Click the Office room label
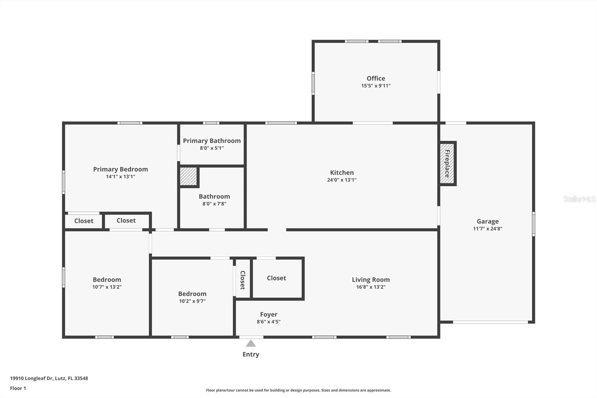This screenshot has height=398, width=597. (376, 78)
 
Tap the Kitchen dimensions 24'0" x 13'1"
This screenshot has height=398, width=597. (342, 180)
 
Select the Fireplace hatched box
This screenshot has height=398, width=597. (447, 164)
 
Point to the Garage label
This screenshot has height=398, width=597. (487, 221)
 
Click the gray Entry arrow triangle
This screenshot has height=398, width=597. (250, 343)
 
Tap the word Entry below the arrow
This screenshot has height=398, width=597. (250, 354)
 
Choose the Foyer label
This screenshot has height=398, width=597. (269, 314)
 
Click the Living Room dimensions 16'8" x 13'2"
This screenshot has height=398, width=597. (371, 287)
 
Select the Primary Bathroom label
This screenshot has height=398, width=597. (212, 141)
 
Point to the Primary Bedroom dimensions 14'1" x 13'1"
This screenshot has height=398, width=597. (121, 177)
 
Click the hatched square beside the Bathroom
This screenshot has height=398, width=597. (188, 176)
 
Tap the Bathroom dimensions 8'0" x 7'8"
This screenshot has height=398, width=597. (214, 204)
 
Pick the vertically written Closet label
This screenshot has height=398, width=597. (243, 280)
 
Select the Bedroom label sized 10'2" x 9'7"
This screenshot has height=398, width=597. (192, 294)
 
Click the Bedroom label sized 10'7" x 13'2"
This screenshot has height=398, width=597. (107, 280)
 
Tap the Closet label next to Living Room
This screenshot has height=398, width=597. (276, 278)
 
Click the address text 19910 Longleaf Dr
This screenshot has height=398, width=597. (32, 378)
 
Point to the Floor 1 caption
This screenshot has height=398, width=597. (18, 388)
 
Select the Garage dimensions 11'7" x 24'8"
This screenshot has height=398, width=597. (487, 228)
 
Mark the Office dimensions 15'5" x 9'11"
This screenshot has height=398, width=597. (376, 85)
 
